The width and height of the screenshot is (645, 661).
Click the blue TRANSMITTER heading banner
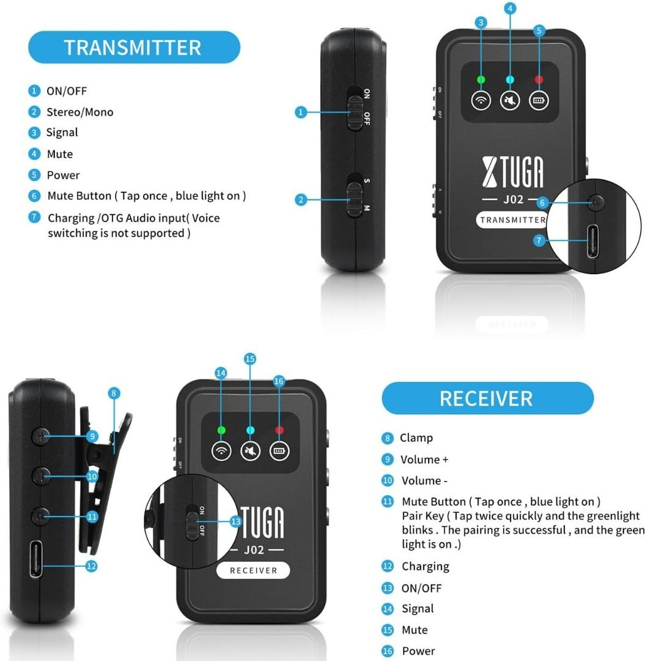(x=134, y=47)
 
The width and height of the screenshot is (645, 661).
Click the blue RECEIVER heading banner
(x=487, y=398)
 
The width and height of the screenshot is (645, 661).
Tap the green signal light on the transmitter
(x=481, y=80)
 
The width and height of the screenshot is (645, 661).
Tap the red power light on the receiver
(x=279, y=430)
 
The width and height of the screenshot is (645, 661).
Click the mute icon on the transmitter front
(x=509, y=101)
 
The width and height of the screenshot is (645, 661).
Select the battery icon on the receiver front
(x=279, y=452)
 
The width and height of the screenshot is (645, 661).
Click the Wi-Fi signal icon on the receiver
(x=221, y=452)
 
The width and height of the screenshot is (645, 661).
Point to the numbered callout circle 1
(x=300, y=112)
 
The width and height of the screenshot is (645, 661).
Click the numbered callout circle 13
(x=235, y=521)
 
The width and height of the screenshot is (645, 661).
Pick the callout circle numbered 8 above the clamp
(x=114, y=393)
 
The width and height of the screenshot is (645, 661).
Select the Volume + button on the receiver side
(x=42, y=436)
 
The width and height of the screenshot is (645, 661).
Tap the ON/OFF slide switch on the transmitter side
(x=354, y=109)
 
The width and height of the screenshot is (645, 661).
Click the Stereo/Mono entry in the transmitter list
(x=79, y=112)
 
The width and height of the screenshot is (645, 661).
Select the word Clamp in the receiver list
(x=416, y=438)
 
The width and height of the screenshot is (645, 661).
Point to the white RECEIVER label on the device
(x=253, y=570)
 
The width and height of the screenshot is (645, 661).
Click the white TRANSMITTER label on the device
(x=512, y=220)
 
